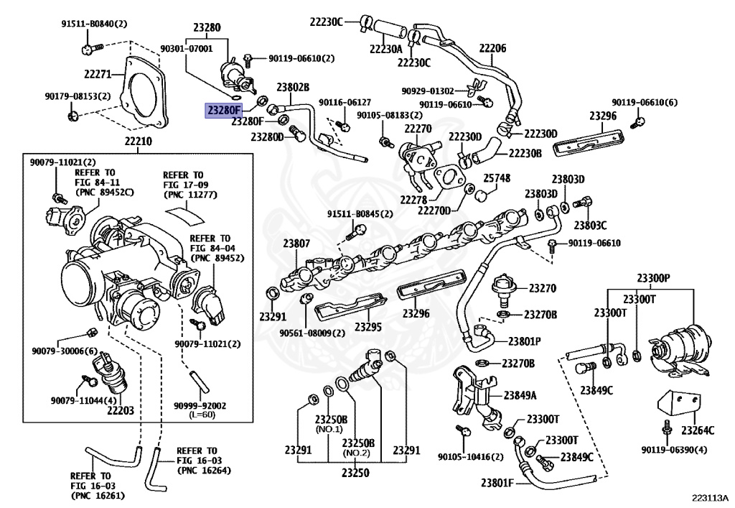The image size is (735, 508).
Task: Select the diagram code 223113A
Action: tap(709, 497)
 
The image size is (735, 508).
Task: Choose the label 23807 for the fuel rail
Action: tap(296, 244)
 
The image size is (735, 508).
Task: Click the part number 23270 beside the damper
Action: tap(543, 288)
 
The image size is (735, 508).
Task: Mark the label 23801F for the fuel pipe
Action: tap(496, 483)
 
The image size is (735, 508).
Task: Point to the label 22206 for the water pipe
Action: tap(492, 48)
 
